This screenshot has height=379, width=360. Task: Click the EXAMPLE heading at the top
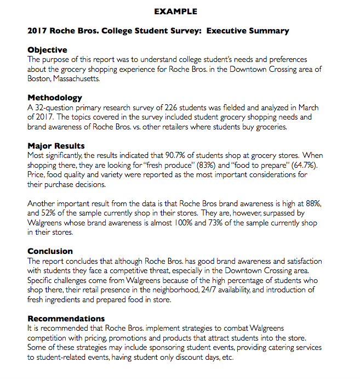coord(175,12)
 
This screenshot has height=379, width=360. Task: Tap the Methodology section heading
coord(55,98)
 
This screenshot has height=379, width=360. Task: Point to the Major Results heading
coord(56,146)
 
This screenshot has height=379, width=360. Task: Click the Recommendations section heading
coord(66,318)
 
